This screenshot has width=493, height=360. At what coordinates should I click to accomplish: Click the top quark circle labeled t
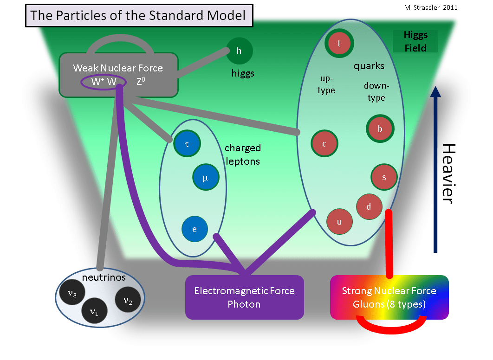(339, 44)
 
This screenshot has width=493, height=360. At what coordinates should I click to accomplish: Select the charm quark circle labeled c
(324, 144)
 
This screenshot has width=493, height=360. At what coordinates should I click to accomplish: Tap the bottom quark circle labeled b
(380, 129)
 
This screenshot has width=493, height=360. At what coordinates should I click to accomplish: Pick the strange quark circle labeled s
(384, 177)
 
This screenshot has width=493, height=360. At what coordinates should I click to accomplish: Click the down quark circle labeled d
(369, 207)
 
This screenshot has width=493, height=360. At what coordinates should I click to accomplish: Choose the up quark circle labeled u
(339, 221)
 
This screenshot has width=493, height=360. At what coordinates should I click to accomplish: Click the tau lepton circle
(187, 144)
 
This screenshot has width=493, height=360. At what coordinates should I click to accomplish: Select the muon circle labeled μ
(206, 177)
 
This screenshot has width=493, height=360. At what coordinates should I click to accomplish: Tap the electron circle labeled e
(195, 229)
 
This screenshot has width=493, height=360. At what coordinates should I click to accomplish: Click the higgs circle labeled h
(239, 51)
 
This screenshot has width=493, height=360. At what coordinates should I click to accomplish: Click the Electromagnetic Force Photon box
(244, 297)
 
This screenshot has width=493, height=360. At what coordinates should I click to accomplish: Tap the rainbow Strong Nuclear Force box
(389, 297)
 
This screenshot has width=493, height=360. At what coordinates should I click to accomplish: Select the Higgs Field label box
(415, 41)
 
